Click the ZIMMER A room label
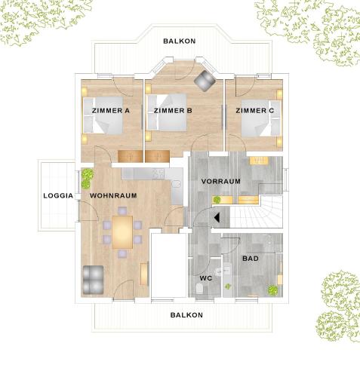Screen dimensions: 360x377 111,111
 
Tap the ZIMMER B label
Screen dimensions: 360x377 173,111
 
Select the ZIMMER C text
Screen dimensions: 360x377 254,111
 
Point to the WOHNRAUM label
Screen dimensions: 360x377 113,195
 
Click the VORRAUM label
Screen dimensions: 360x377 221,181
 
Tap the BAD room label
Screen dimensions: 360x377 251,259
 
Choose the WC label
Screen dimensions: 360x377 206,278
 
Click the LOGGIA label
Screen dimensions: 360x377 58,195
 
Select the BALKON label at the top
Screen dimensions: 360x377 180,41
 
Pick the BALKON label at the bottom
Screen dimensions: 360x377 186,315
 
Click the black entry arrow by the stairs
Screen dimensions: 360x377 217,218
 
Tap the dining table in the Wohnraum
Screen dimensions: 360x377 122,232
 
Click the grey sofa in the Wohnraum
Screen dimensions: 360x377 93,280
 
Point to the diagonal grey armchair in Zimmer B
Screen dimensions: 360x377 205,81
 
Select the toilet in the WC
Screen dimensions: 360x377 199,288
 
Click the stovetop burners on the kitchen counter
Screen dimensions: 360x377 158,173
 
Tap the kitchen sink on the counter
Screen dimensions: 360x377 177,184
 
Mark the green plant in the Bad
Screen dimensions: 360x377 272,290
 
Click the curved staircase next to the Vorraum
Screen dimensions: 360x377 256,212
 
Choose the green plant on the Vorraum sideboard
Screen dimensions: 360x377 217,200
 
